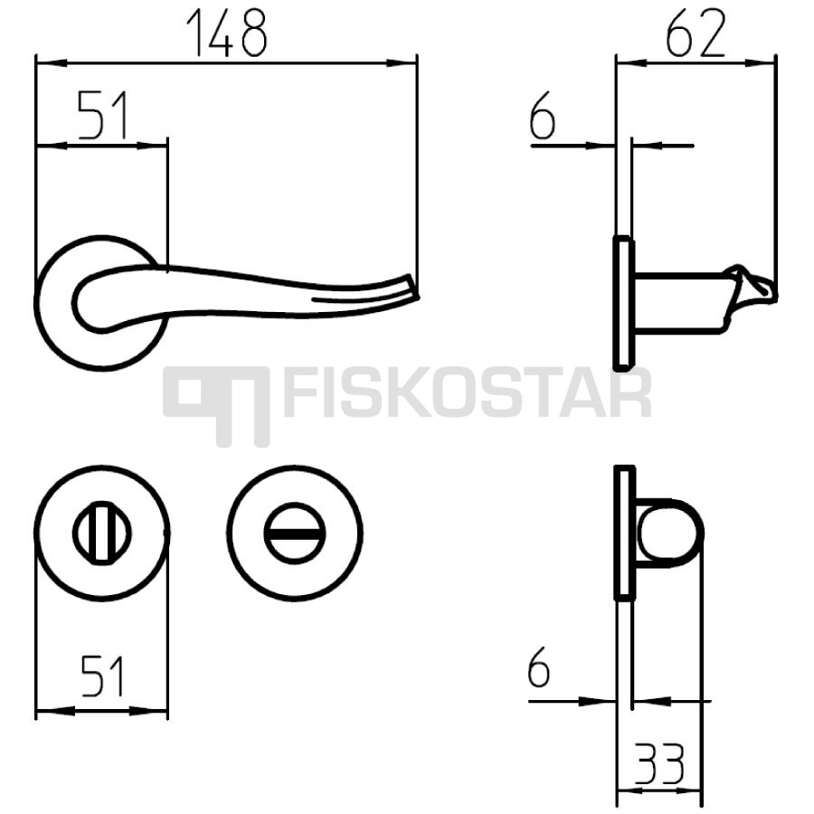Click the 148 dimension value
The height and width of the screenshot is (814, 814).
227,33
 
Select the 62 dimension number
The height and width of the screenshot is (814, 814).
696,33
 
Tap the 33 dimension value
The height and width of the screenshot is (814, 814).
659,763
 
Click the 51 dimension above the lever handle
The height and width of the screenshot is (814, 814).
103,115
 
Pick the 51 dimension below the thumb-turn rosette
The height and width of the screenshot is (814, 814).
102,676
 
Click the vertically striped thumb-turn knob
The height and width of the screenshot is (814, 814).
101,533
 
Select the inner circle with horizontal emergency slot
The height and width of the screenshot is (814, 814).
294,533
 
